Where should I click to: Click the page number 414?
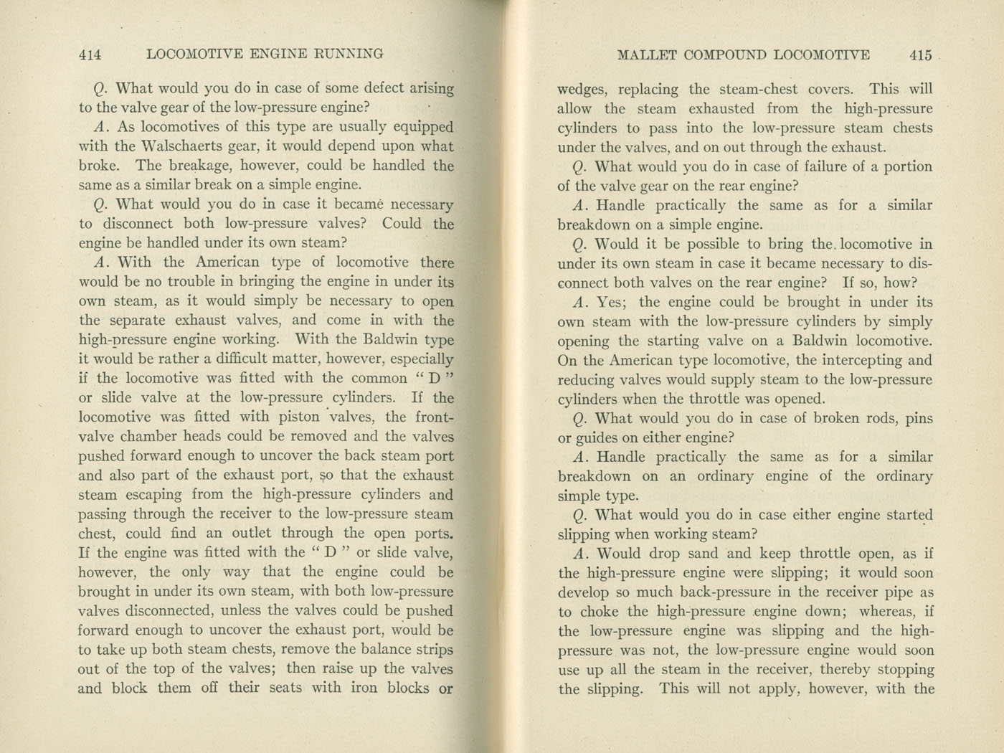90,55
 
